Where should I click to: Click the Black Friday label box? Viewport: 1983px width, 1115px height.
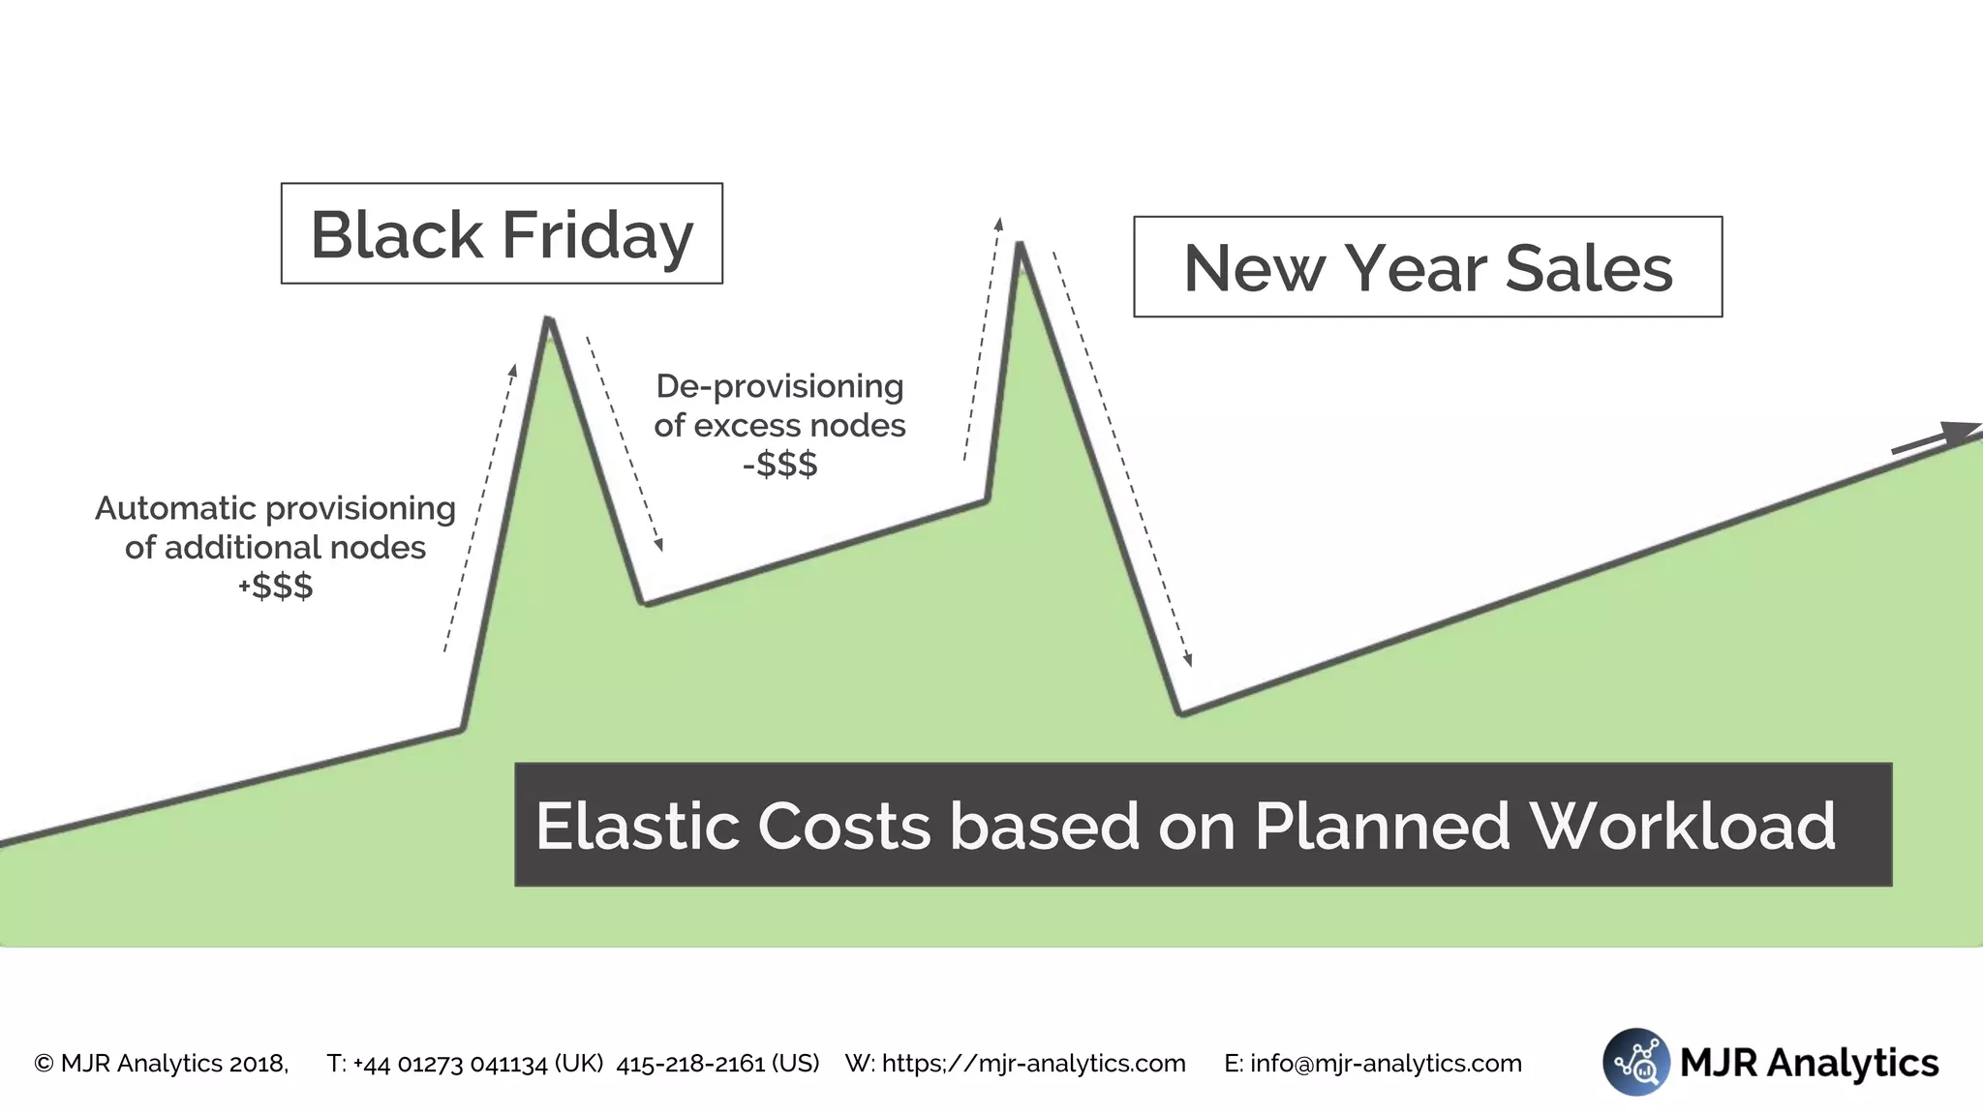pos(502,233)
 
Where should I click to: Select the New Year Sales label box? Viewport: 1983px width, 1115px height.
pos(1427,267)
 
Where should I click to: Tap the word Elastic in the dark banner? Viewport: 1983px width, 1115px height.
pos(634,826)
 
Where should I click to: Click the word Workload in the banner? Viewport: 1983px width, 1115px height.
pos(1682,826)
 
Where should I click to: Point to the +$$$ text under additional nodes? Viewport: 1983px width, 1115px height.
pos(276,586)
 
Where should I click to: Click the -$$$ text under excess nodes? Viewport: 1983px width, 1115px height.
pos(779,464)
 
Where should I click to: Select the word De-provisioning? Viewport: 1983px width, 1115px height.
pos(779,386)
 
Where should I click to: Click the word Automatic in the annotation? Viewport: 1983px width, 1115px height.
pos(175,508)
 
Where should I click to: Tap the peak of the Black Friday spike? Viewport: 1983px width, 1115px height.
pos(549,318)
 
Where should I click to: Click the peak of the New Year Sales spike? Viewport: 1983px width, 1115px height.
pos(1020,244)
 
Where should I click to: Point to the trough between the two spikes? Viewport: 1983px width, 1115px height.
pos(645,603)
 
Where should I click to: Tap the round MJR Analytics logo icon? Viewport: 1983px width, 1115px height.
pos(1635,1062)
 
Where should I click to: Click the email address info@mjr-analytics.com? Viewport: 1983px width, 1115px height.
pos(1386,1064)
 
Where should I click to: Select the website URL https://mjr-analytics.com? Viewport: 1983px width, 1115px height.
pos(1033,1064)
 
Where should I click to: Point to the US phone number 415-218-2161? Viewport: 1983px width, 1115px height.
pos(691,1064)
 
